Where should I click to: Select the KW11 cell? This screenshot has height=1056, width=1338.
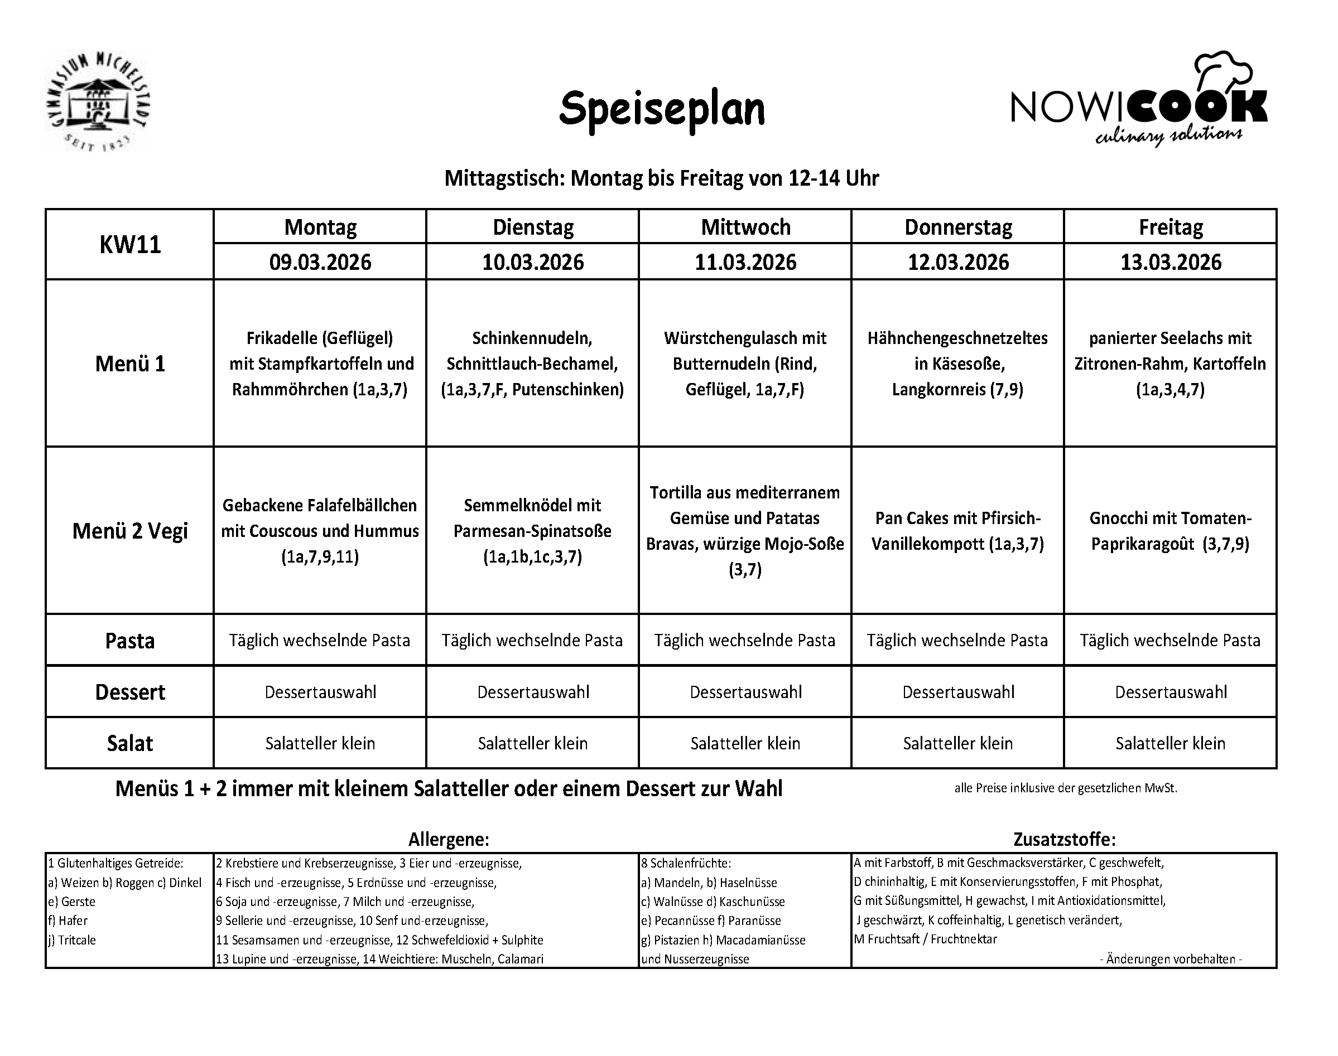[130, 245]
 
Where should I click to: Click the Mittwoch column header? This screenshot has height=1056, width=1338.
[745, 227]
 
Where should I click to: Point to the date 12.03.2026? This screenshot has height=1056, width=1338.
[957, 262]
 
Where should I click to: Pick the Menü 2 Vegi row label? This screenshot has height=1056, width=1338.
[130, 530]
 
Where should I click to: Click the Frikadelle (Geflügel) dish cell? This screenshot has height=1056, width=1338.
[320, 364]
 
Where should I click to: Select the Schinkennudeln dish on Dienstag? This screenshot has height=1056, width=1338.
[532, 364]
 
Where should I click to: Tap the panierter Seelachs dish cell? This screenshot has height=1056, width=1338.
[1169, 364]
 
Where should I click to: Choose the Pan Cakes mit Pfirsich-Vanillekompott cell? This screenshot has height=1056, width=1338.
[957, 530]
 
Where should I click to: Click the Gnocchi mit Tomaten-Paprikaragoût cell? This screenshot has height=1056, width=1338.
[1169, 530]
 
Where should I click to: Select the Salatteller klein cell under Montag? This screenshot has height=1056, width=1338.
[320, 743]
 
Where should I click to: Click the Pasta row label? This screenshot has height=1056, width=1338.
[130, 641]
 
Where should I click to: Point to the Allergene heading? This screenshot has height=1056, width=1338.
[449, 839]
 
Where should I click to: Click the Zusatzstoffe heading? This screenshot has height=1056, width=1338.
[1064, 839]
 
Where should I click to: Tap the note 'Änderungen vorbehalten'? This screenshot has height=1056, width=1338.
[1171, 959]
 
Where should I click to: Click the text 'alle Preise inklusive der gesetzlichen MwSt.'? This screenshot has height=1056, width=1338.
[1065, 788]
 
